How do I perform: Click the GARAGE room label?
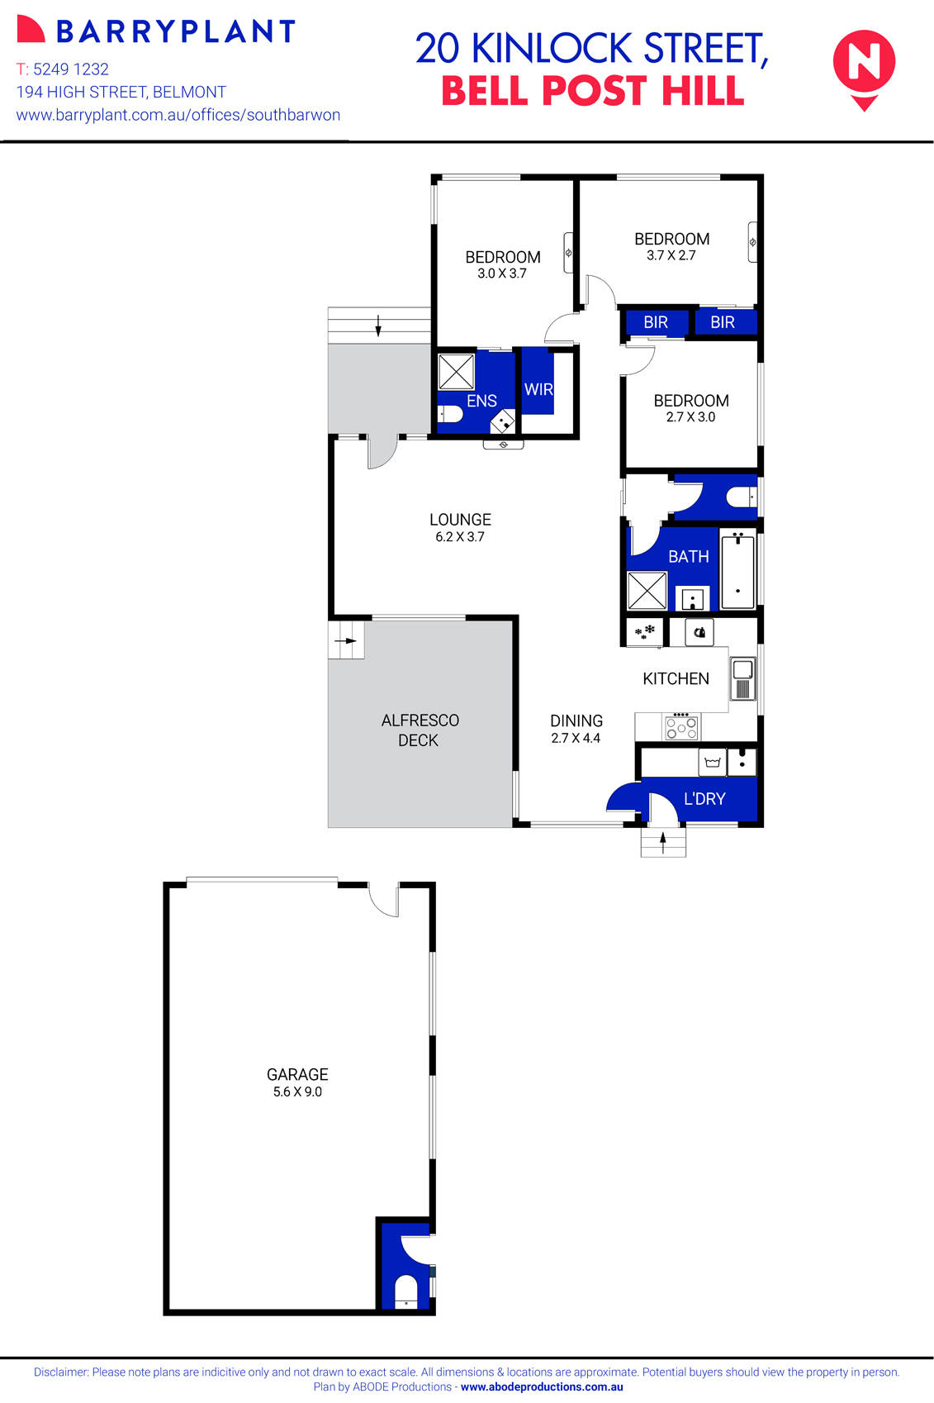tap(297, 1074)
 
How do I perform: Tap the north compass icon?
tap(864, 65)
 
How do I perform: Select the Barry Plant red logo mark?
tap(30, 30)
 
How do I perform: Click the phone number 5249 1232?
tap(71, 69)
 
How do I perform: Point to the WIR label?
tap(538, 389)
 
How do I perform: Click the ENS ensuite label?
tap(481, 401)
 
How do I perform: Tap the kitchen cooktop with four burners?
tap(682, 728)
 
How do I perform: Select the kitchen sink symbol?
tap(742, 678)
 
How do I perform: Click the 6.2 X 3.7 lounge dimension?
tap(460, 537)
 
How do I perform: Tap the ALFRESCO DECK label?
tap(420, 730)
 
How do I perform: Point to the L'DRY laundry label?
tap(704, 799)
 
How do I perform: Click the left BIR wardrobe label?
tap(656, 322)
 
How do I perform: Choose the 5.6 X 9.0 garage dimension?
tap(297, 1092)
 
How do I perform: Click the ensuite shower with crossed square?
tap(455, 372)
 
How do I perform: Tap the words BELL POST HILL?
tap(593, 91)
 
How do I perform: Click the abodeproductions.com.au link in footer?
tap(542, 1387)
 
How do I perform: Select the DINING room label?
tap(576, 721)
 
